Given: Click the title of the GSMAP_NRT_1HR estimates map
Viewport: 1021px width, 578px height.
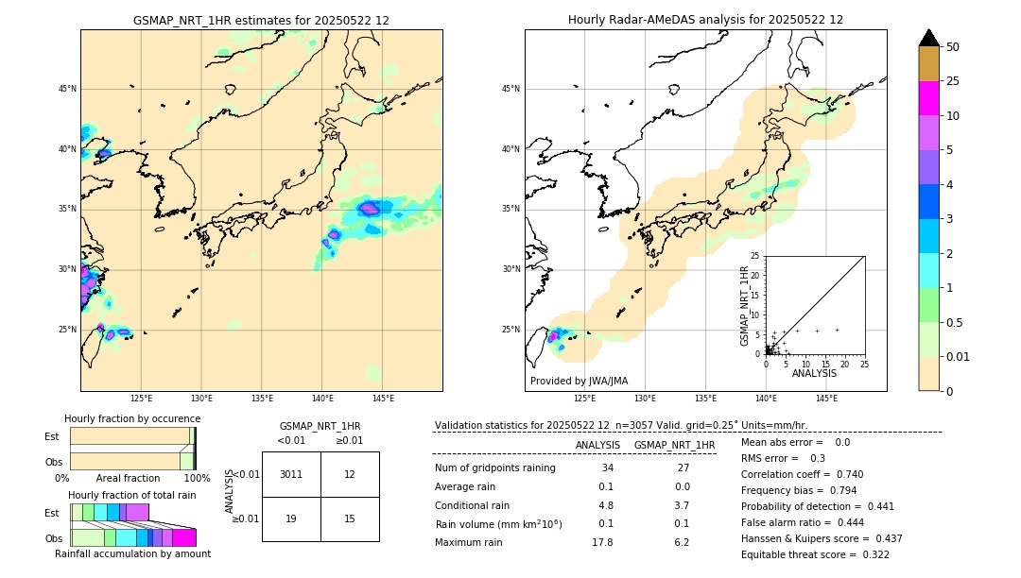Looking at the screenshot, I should [x=261, y=20].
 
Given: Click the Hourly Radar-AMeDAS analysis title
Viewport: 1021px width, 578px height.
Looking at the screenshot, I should [x=705, y=20].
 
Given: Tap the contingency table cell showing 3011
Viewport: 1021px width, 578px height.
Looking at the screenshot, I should [x=291, y=474].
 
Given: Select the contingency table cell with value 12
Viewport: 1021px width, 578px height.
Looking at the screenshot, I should [x=350, y=474].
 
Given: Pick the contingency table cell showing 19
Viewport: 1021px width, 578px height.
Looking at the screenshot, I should [x=291, y=518].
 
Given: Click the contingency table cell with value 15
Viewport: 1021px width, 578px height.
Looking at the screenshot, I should [x=350, y=518].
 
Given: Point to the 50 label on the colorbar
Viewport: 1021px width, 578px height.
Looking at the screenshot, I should [x=953, y=47].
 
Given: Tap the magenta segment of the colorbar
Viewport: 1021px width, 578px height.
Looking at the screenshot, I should [x=928, y=98].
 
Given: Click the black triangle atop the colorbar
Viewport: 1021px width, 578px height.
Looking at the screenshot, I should [x=928, y=38].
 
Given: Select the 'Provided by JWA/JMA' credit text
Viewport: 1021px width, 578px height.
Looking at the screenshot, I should [x=579, y=381].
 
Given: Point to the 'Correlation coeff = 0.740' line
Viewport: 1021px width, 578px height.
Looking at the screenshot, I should [x=802, y=474].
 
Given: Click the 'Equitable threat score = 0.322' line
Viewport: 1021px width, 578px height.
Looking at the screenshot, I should [x=815, y=554].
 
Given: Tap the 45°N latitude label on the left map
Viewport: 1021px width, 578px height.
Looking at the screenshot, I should [x=67, y=89].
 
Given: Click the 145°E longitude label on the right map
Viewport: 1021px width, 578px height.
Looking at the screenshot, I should [x=826, y=399].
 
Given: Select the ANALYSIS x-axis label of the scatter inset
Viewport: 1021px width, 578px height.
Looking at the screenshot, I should [x=814, y=373].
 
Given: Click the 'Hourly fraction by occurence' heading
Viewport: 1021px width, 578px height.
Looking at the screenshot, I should [x=132, y=418].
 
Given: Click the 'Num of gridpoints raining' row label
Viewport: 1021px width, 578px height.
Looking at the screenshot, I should [x=494, y=467].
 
